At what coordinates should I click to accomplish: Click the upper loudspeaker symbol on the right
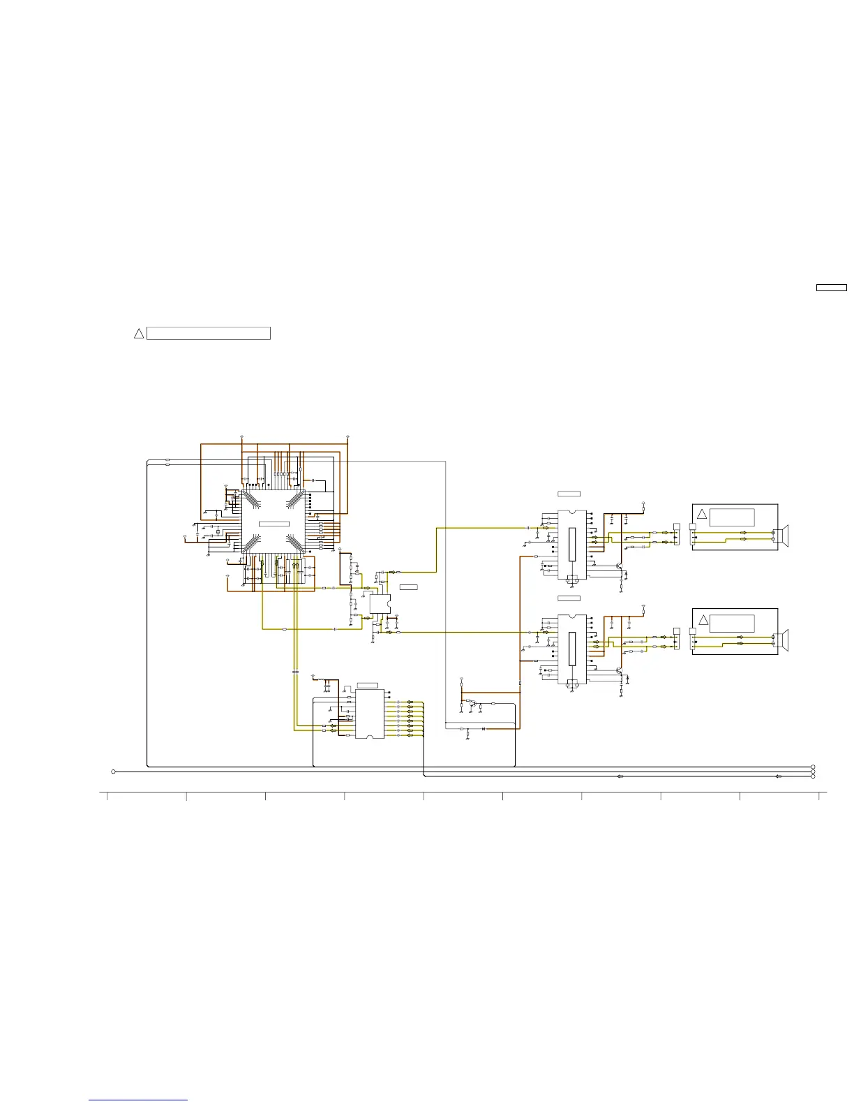pos(785,536)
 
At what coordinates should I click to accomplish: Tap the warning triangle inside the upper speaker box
pos(703,515)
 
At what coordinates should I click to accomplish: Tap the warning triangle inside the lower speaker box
pos(703,621)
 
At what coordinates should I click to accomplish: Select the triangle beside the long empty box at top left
pos(139,334)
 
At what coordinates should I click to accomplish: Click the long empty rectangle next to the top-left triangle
pos(209,334)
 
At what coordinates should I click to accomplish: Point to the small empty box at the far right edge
pos(831,288)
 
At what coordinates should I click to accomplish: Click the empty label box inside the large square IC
pos(274,524)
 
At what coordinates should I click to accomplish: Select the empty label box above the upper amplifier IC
pos(569,494)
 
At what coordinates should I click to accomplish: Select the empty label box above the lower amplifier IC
pos(569,598)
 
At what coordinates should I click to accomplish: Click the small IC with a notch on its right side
pos(380,604)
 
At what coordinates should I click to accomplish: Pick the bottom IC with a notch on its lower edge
pos(370,714)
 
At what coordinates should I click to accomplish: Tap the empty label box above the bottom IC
pos(367,685)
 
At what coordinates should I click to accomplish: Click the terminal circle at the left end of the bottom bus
pos(113,772)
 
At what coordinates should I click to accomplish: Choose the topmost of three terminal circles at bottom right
pos(814,767)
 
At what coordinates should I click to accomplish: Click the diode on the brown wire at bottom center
pos(484,729)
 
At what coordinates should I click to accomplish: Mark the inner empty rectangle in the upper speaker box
pos(731,517)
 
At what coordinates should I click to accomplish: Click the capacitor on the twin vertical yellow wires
pos(295,672)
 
